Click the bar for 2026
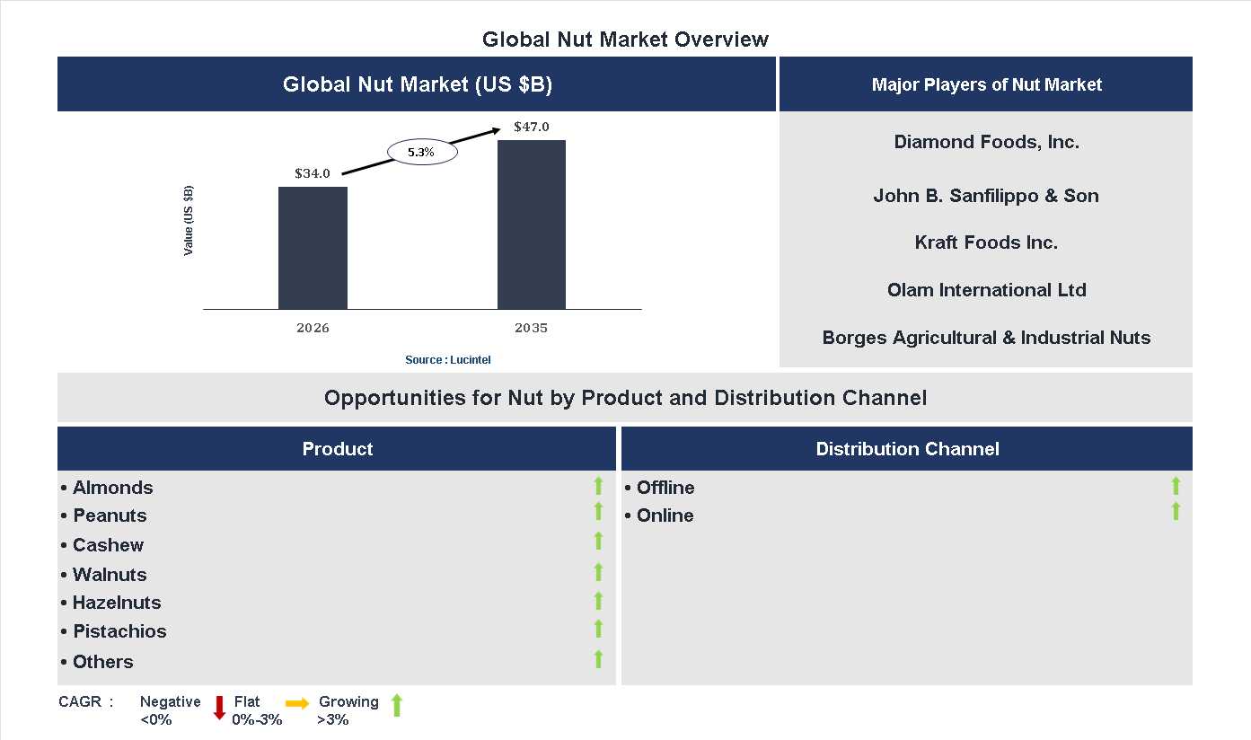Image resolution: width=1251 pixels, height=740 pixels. click(x=313, y=248)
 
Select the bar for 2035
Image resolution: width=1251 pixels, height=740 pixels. click(x=532, y=225)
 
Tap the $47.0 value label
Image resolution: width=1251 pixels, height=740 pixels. click(x=532, y=127)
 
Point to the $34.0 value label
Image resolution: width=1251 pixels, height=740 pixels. click(x=313, y=173)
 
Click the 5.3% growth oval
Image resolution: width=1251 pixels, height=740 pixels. click(x=422, y=153)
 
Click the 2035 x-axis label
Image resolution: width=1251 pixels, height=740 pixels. click(x=532, y=328)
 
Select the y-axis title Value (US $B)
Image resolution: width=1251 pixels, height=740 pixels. click(x=189, y=220)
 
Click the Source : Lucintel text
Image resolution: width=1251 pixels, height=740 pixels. click(x=448, y=360)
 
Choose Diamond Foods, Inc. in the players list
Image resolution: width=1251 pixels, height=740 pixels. click(x=986, y=142)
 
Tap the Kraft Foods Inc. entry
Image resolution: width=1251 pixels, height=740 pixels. click(x=986, y=242)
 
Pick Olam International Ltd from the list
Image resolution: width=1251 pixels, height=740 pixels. click(x=986, y=290)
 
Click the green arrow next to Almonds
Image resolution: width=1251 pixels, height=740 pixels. click(x=598, y=487)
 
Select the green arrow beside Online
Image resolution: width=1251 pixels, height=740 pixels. click(x=1176, y=512)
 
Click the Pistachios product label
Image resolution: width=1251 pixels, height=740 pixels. click(x=119, y=631)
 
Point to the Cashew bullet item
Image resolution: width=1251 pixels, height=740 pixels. click(x=108, y=545)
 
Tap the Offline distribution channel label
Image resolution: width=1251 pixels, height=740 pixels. click(x=665, y=488)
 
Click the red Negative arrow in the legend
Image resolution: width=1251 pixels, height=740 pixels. click(x=219, y=708)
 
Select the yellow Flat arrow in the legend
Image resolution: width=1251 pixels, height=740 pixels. click(x=297, y=703)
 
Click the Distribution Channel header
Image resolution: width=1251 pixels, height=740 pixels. click(x=907, y=449)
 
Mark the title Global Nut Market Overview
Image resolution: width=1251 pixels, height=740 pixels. click(x=625, y=40)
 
